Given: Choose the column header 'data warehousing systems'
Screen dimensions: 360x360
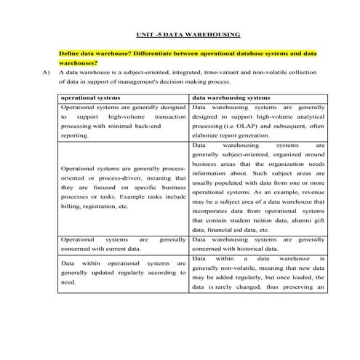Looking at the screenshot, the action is pos(231,97).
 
